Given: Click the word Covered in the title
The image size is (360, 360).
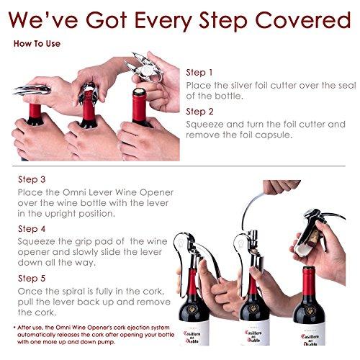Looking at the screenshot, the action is click(x=302, y=20).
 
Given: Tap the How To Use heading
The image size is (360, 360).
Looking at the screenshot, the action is click(x=37, y=44).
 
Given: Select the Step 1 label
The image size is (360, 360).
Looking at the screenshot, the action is click(x=199, y=73).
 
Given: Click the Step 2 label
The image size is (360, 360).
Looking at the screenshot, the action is click(x=199, y=112).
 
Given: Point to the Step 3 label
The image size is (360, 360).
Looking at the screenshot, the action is click(x=32, y=179).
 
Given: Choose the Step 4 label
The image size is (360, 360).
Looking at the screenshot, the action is click(x=32, y=229).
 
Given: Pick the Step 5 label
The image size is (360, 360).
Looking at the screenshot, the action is click(x=32, y=278).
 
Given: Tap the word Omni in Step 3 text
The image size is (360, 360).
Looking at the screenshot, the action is click(x=73, y=192).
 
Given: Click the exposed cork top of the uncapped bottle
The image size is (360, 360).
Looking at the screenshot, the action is click(x=139, y=91).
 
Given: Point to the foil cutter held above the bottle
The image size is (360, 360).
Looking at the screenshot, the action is click(x=143, y=68).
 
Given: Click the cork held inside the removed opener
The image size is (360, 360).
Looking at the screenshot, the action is click(x=313, y=238).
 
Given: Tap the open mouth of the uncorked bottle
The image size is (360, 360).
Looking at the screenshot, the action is click(x=308, y=268).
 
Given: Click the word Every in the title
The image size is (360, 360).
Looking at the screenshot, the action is click(x=163, y=21).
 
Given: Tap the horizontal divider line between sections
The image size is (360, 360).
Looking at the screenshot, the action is click(x=179, y=166).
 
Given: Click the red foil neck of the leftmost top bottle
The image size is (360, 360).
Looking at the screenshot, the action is click(x=35, y=111).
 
